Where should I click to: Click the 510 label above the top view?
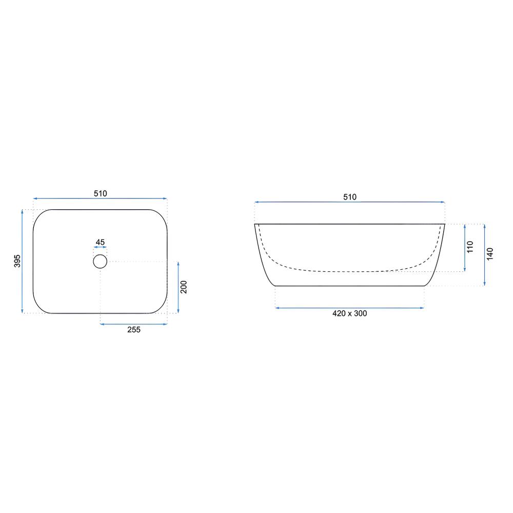(101, 194)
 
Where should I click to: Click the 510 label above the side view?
(350, 197)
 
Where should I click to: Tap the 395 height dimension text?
(17, 261)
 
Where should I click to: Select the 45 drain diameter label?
(100, 242)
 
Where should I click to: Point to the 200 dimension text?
(184, 287)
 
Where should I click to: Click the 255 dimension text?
(134, 330)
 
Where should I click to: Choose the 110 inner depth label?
(470, 247)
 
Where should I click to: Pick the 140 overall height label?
(490, 254)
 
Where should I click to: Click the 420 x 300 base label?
(350, 313)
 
